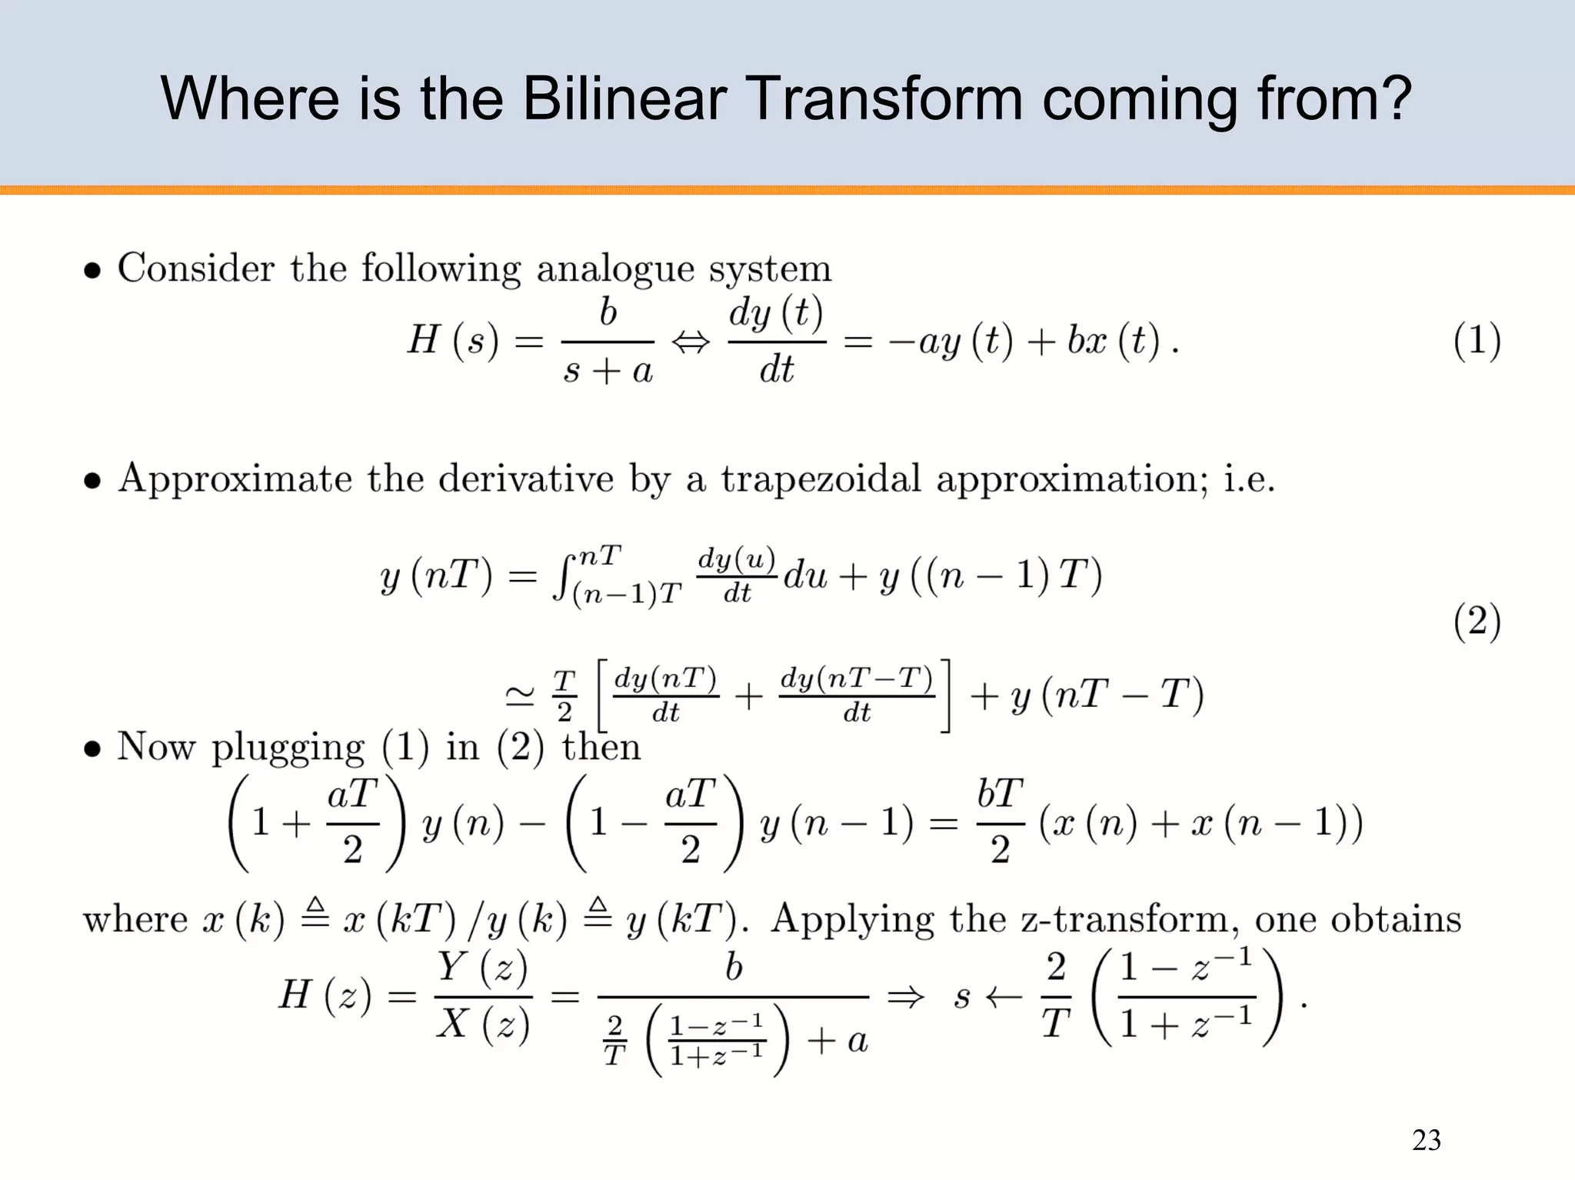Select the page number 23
pos(1426,1140)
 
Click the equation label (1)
pos(1477,341)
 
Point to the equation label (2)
pos(1477,622)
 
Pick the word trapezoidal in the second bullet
pos(820,479)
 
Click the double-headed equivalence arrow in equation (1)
pos(691,342)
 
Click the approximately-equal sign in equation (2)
pos(520,697)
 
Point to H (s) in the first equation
pos(453,340)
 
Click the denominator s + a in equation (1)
pos(608,372)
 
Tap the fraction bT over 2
pos(1000,822)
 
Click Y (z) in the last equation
pos(483,968)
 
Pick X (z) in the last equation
pos(483,1025)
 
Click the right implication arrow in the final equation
pos(905,998)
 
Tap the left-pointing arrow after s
pos(1004,998)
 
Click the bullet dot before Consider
pos(92,271)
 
